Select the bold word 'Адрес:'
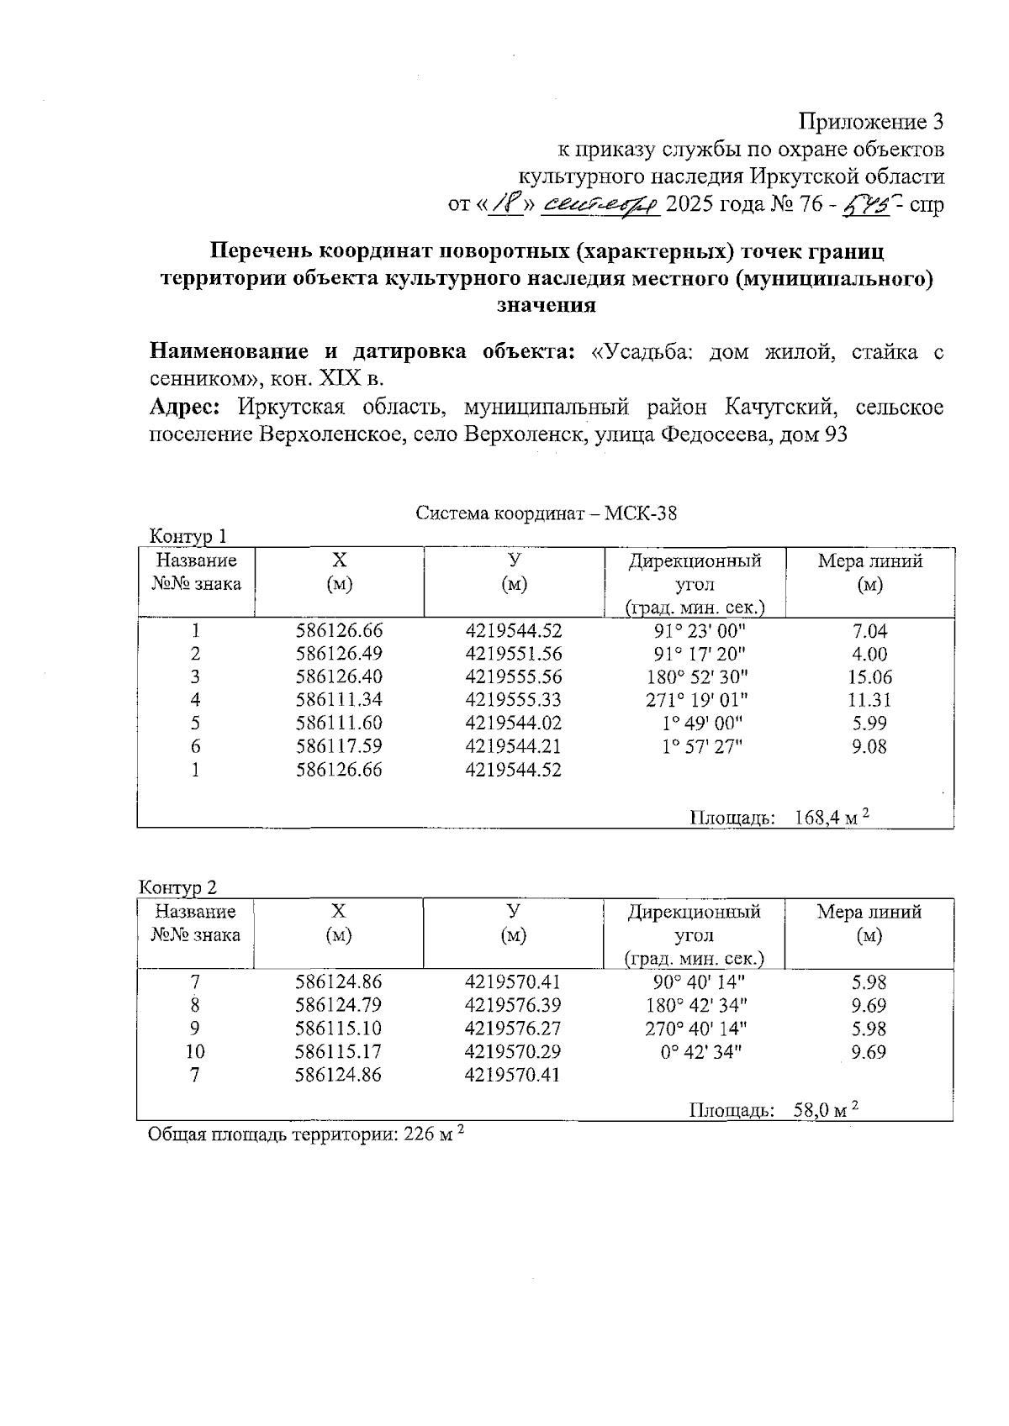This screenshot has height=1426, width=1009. click(x=185, y=408)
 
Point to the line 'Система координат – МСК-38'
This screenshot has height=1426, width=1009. click(x=546, y=513)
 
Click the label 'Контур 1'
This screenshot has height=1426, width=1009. click(x=188, y=536)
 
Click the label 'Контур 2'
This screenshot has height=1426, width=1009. click(x=177, y=887)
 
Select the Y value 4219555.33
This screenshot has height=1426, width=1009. click(x=513, y=700)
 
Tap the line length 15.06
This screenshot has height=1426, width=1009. click(x=870, y=677)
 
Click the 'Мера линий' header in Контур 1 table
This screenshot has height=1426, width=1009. click(x=870, y=561)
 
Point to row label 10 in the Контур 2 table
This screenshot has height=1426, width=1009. click(x=195, y=1051)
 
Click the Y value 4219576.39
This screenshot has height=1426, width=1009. click(x=513, y=1005)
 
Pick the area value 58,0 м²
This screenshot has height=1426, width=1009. click(x=826, y=1110)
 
